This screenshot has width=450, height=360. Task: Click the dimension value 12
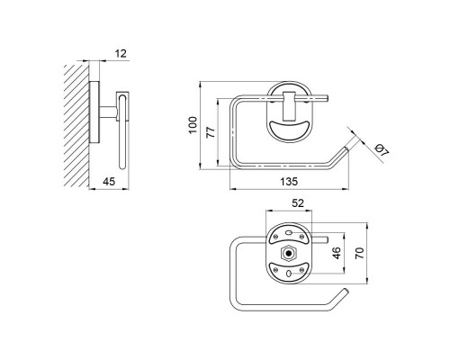pyautogui.click(x=121, y=53)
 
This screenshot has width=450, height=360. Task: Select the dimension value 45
pyautogui.click(x=109, y=182)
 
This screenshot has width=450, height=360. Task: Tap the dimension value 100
pyautogui.click(x=193, y=125)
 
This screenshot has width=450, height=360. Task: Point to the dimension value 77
pyautogui.click(x=211, y=132)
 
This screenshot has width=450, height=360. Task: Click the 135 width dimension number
pyautogui.click(x=289, y=182)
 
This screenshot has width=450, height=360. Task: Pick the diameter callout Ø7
pyautogui.click(x=382, y=150)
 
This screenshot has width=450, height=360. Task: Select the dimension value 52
pyautogui.click(x=298, y=203)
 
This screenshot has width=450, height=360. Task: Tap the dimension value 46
pyautogui.click(x=337, y=253)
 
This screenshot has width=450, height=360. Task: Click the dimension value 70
pyautogui.click(x=359, y=253)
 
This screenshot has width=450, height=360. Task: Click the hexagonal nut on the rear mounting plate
pyautogui.click(x=289, y=254)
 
